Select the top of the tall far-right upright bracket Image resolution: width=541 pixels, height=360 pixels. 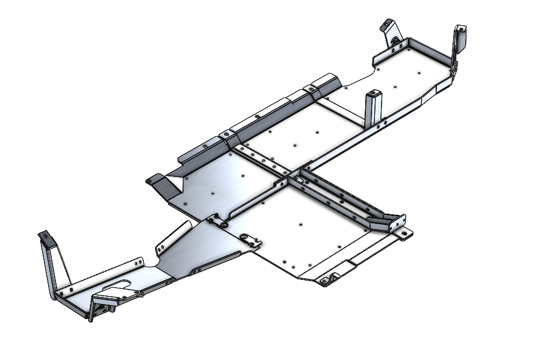pos(460,30)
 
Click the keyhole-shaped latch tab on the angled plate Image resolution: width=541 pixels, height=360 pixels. pos(249,240)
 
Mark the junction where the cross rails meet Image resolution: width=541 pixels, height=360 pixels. pos(288,175)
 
